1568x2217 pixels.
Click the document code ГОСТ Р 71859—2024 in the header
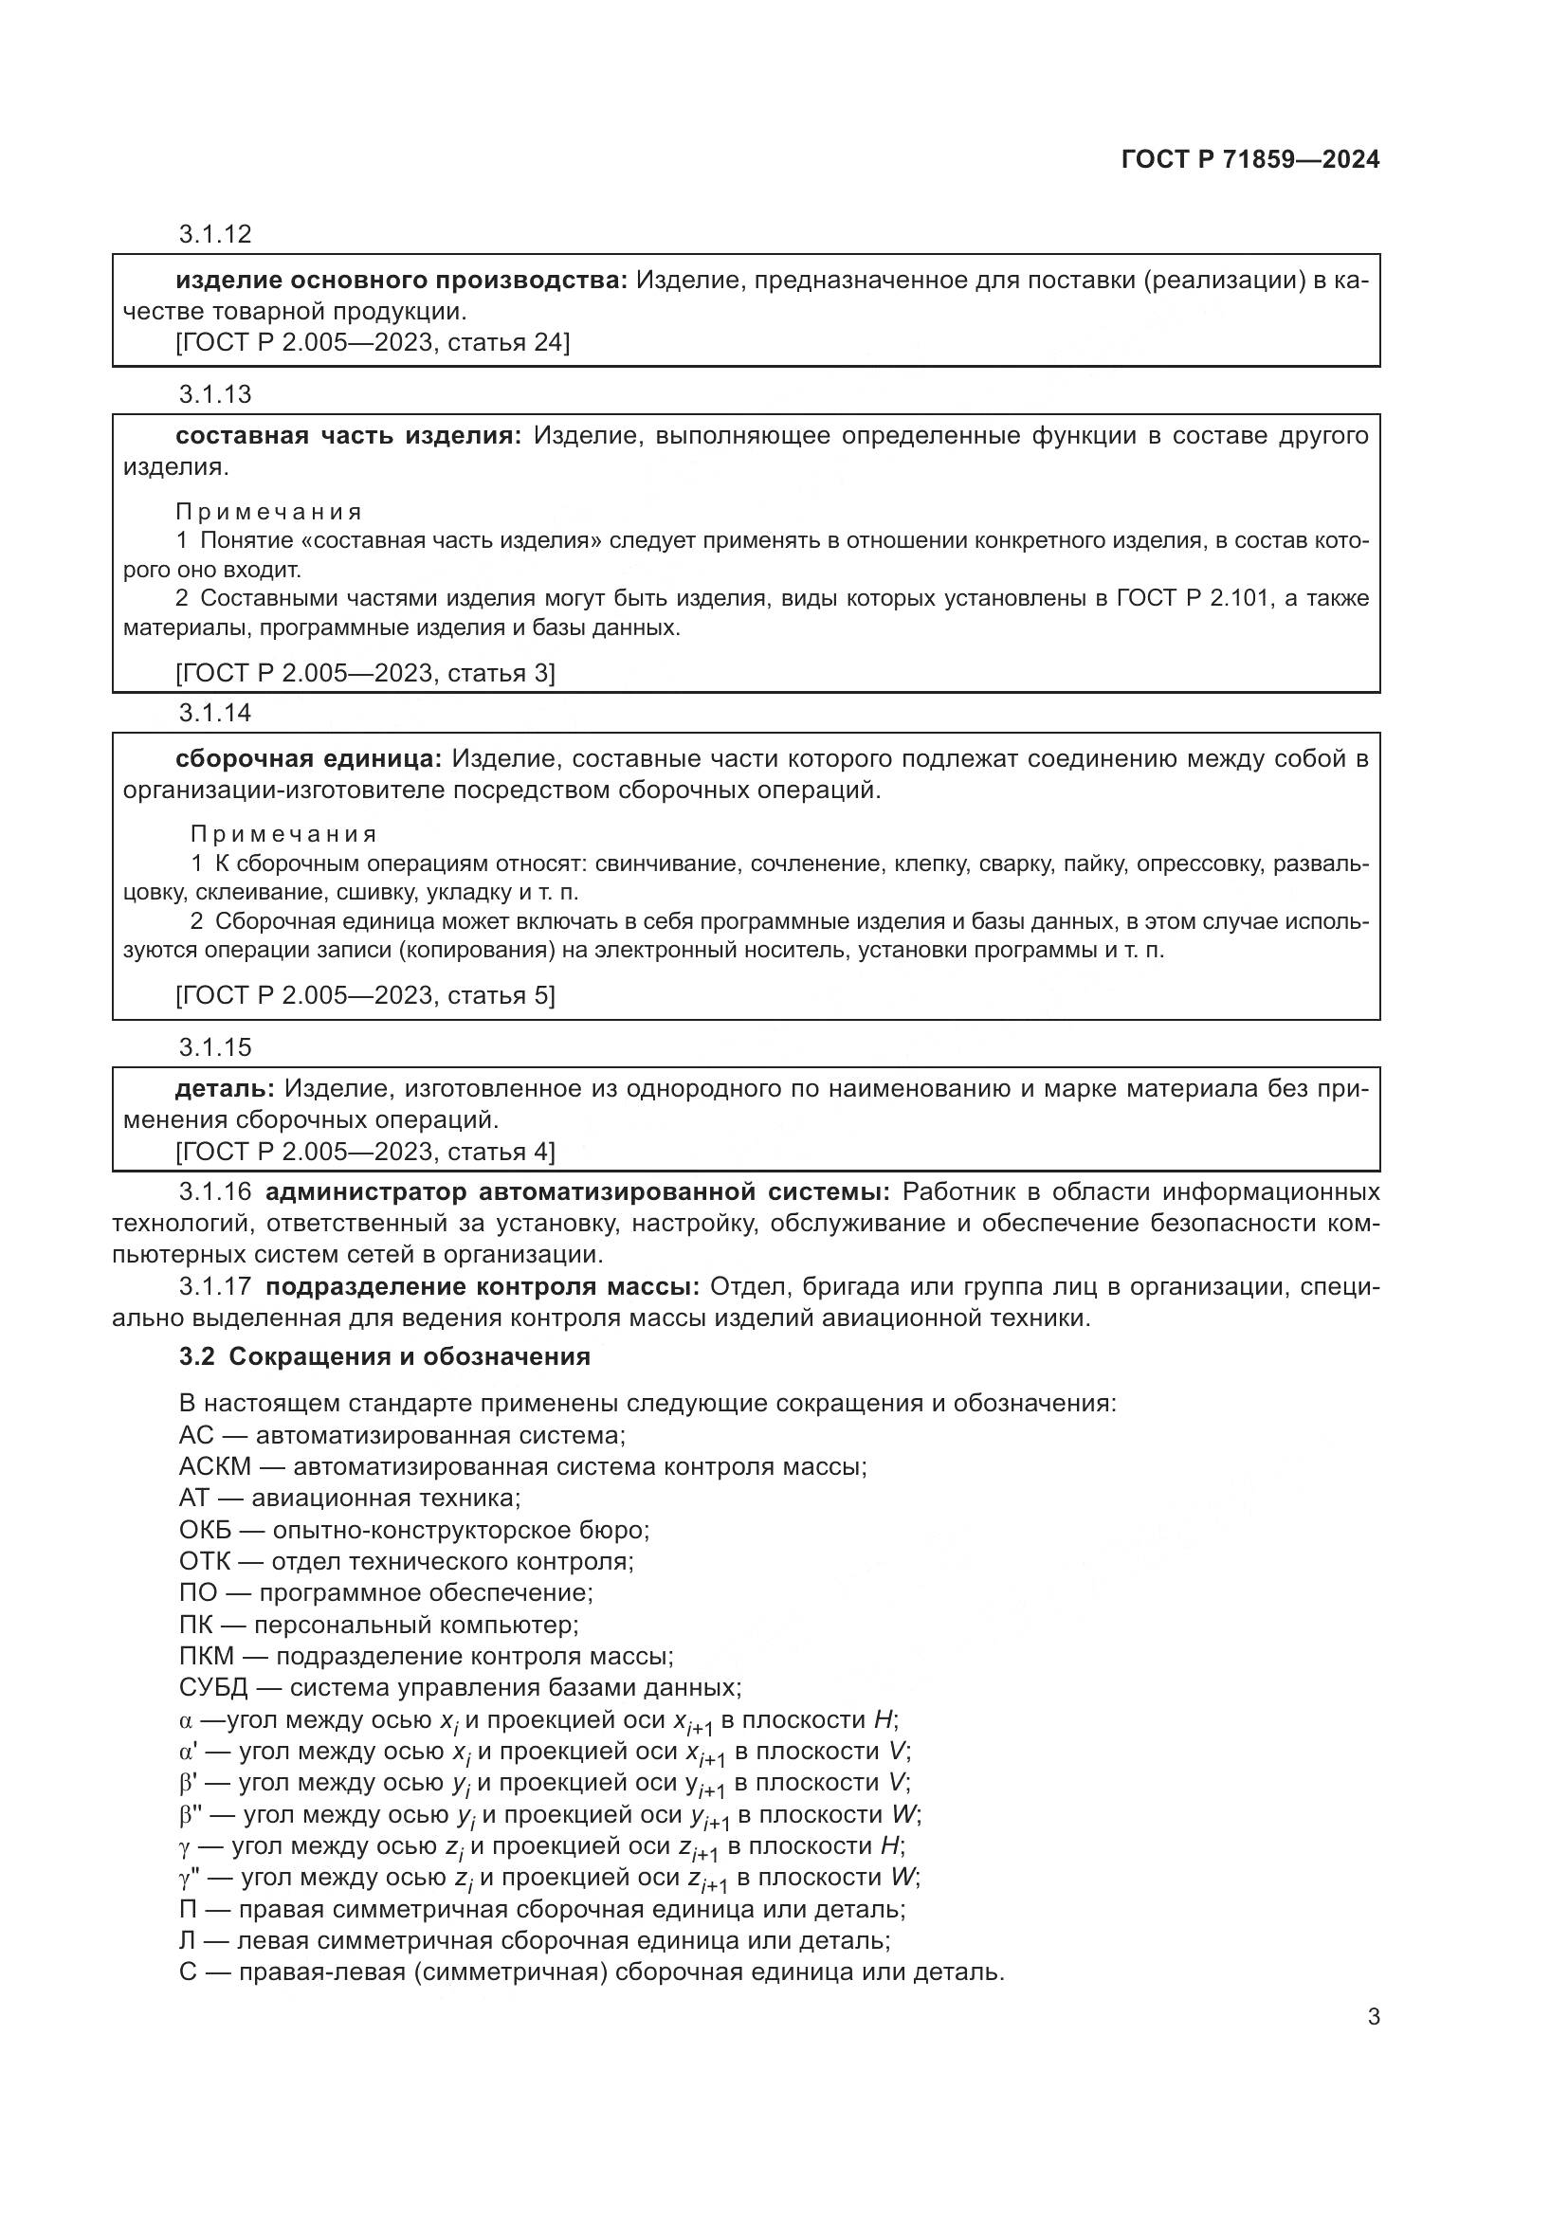tap(1250, 159)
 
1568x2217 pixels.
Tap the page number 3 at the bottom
tap(1373, 2016)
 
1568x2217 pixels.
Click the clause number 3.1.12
tap(214, 234)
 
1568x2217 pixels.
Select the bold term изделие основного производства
tap(401, 281)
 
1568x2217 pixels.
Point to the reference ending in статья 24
tap(372, 343)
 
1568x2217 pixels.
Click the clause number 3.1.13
tap(214, 394)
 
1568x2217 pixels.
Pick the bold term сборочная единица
tap(308, 759)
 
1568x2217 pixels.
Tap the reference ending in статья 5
tap(365, 995)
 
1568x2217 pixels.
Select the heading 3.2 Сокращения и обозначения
tap(384, 1356)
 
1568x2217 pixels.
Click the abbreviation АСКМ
tap(214, 1466)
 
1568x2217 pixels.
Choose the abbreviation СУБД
tap(213, 1688)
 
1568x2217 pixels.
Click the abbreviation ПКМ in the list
tap(207, 1656)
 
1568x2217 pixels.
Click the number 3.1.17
tap(214, 1287)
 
